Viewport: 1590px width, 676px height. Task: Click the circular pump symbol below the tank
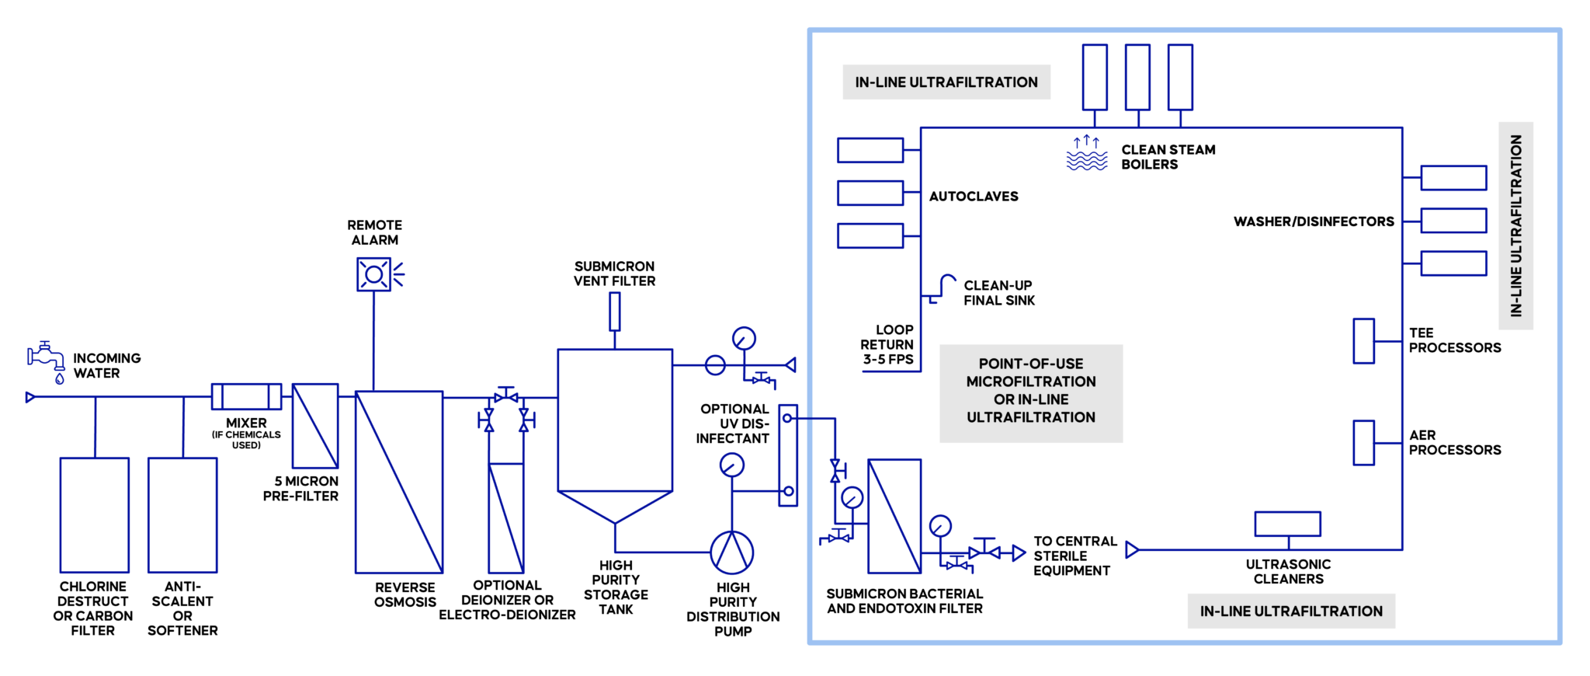[x=731, y=552]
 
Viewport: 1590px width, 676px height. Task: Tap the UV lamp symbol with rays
[x=376, y=274]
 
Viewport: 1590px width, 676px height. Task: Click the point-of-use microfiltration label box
[x=1030, y=393]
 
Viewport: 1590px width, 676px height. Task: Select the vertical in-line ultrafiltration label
[x=1515, y=225]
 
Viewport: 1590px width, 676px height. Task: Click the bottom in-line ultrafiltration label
[x=1291, y=611]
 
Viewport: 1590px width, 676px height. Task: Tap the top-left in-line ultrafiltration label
[x=946, y=82]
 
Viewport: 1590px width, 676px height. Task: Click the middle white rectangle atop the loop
[x=1137, y=77]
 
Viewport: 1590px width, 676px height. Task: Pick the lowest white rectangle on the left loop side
[x=870, y=235]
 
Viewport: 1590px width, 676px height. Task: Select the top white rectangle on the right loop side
[x=1453, y=178]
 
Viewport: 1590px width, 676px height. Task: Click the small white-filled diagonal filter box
[x=315, y=426]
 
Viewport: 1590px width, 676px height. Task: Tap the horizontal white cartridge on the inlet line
[x=246, y=396]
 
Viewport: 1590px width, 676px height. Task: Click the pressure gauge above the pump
[x=731, y=465]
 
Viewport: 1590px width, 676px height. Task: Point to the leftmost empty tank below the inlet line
[x=95, y=514]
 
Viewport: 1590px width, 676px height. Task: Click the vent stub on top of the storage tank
[x=614, y=311]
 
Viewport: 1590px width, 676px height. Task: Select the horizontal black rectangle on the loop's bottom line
[x=1287, y=524]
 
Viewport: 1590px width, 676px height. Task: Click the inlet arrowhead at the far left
[x=30, y=397]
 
